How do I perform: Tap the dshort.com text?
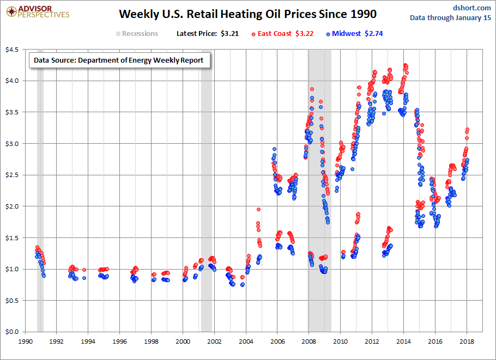(472, 8)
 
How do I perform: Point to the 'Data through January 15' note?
(450, 18)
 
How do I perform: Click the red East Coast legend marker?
(253, 34)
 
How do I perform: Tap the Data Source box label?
(118, 60)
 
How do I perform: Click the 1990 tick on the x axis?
(26, 341)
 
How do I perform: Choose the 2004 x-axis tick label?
(246, 341)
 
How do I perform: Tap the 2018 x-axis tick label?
(467, 341)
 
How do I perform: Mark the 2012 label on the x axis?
(372, 341)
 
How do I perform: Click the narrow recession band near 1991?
(40, 191)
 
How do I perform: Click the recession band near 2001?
(207, 191)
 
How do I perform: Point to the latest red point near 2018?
(468, 130)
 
